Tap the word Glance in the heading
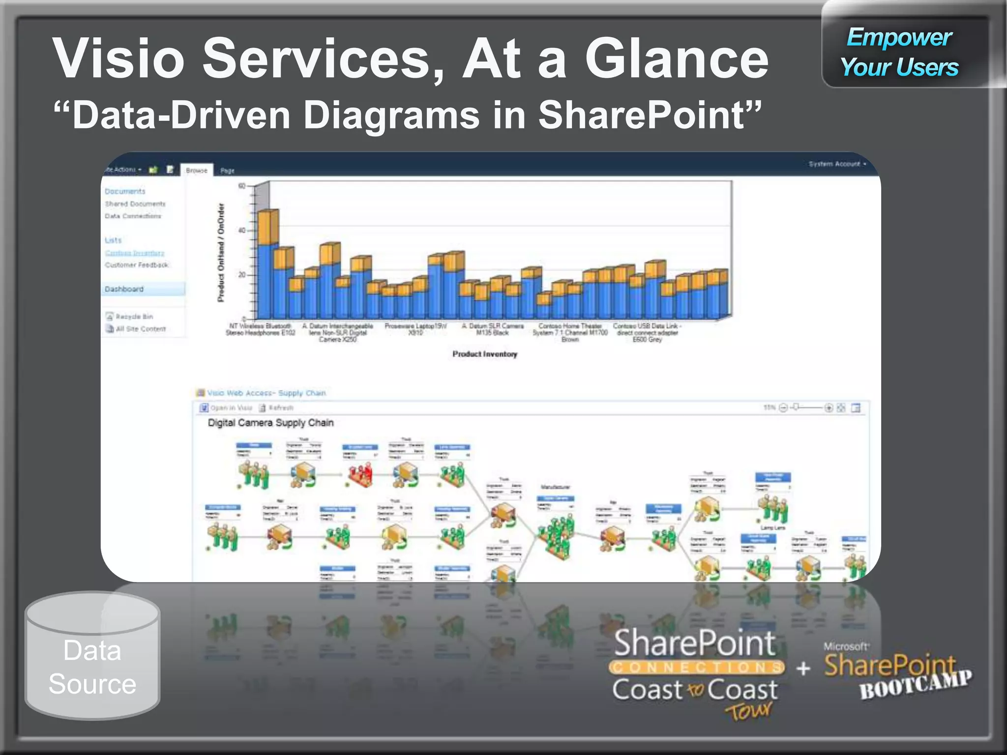[677, 59]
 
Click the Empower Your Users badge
[899, 52]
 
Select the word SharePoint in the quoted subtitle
[644, 115]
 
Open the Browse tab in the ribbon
[197, 171]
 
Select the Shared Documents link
[135, 203]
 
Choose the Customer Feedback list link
[136, 265]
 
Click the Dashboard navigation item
[124, 289]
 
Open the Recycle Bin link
[134, 317]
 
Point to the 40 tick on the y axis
[242, 230]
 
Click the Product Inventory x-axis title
[485, 354]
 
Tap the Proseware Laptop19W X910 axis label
[415, 329]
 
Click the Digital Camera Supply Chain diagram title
[270, 423]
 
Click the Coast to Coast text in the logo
[694, 689]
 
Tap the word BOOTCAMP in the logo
[915, 685]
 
